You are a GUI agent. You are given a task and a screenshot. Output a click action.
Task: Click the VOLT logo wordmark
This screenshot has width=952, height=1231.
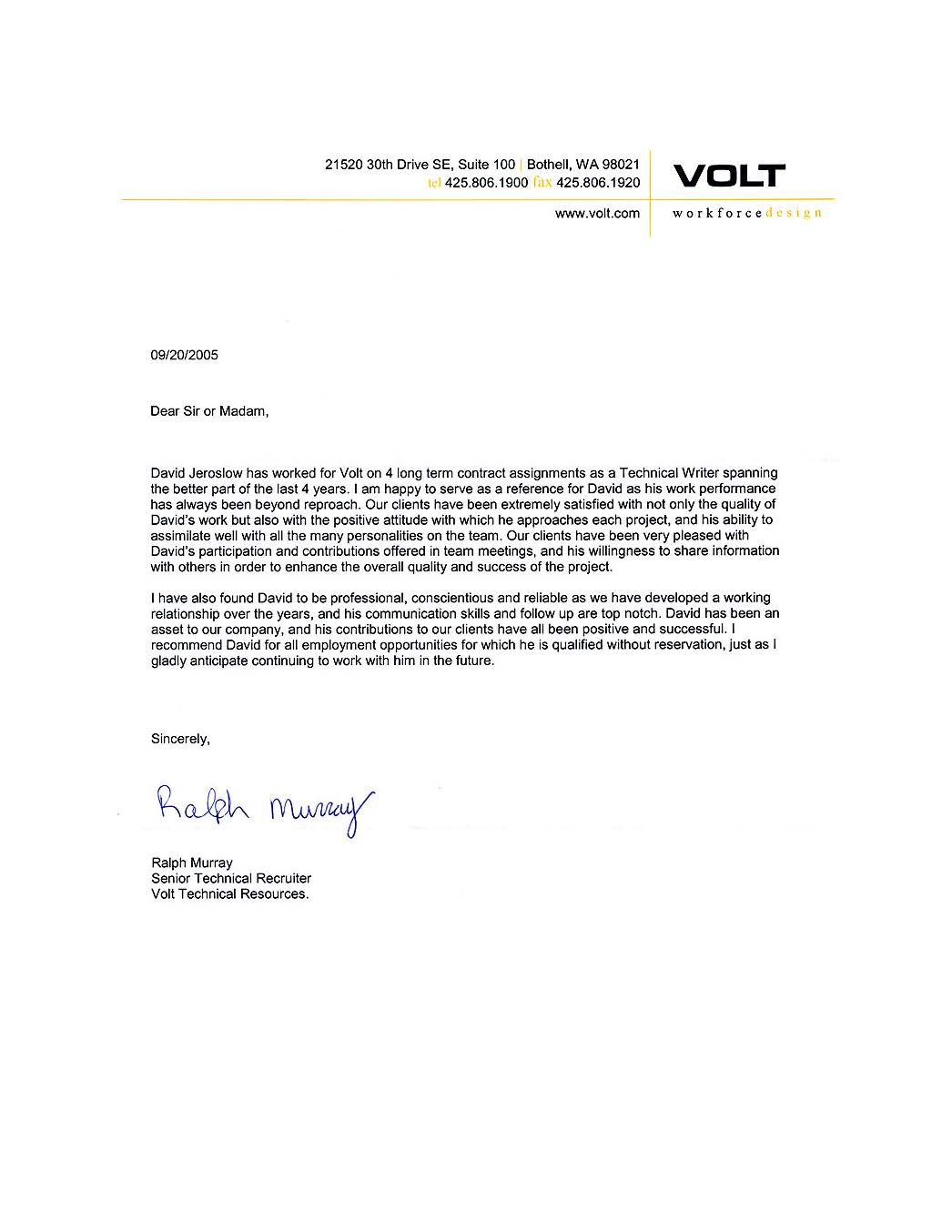pos(728,176)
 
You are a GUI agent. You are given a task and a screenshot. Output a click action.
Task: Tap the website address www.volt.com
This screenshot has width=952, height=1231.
pos(597,214)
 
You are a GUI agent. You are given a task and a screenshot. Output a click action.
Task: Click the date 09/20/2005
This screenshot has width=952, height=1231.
pos(184,355)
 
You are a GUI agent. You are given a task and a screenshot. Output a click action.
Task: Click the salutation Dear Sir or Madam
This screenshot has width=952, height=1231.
pos(209,411)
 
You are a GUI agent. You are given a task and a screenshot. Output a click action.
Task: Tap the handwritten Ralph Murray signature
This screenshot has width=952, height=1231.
pos(265,805)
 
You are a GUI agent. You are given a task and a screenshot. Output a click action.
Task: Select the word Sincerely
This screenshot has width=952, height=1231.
pos(180,739)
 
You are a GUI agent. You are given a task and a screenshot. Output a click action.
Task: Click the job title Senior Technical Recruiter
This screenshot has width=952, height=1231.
pos(231,878)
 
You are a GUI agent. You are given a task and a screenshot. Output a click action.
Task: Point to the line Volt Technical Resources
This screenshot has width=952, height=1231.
pos(229,893)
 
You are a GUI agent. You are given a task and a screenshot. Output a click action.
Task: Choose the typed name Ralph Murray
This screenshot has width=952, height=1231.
pos(191,863)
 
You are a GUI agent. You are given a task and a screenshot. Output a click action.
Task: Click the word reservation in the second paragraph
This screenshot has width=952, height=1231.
pos(666,645)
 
